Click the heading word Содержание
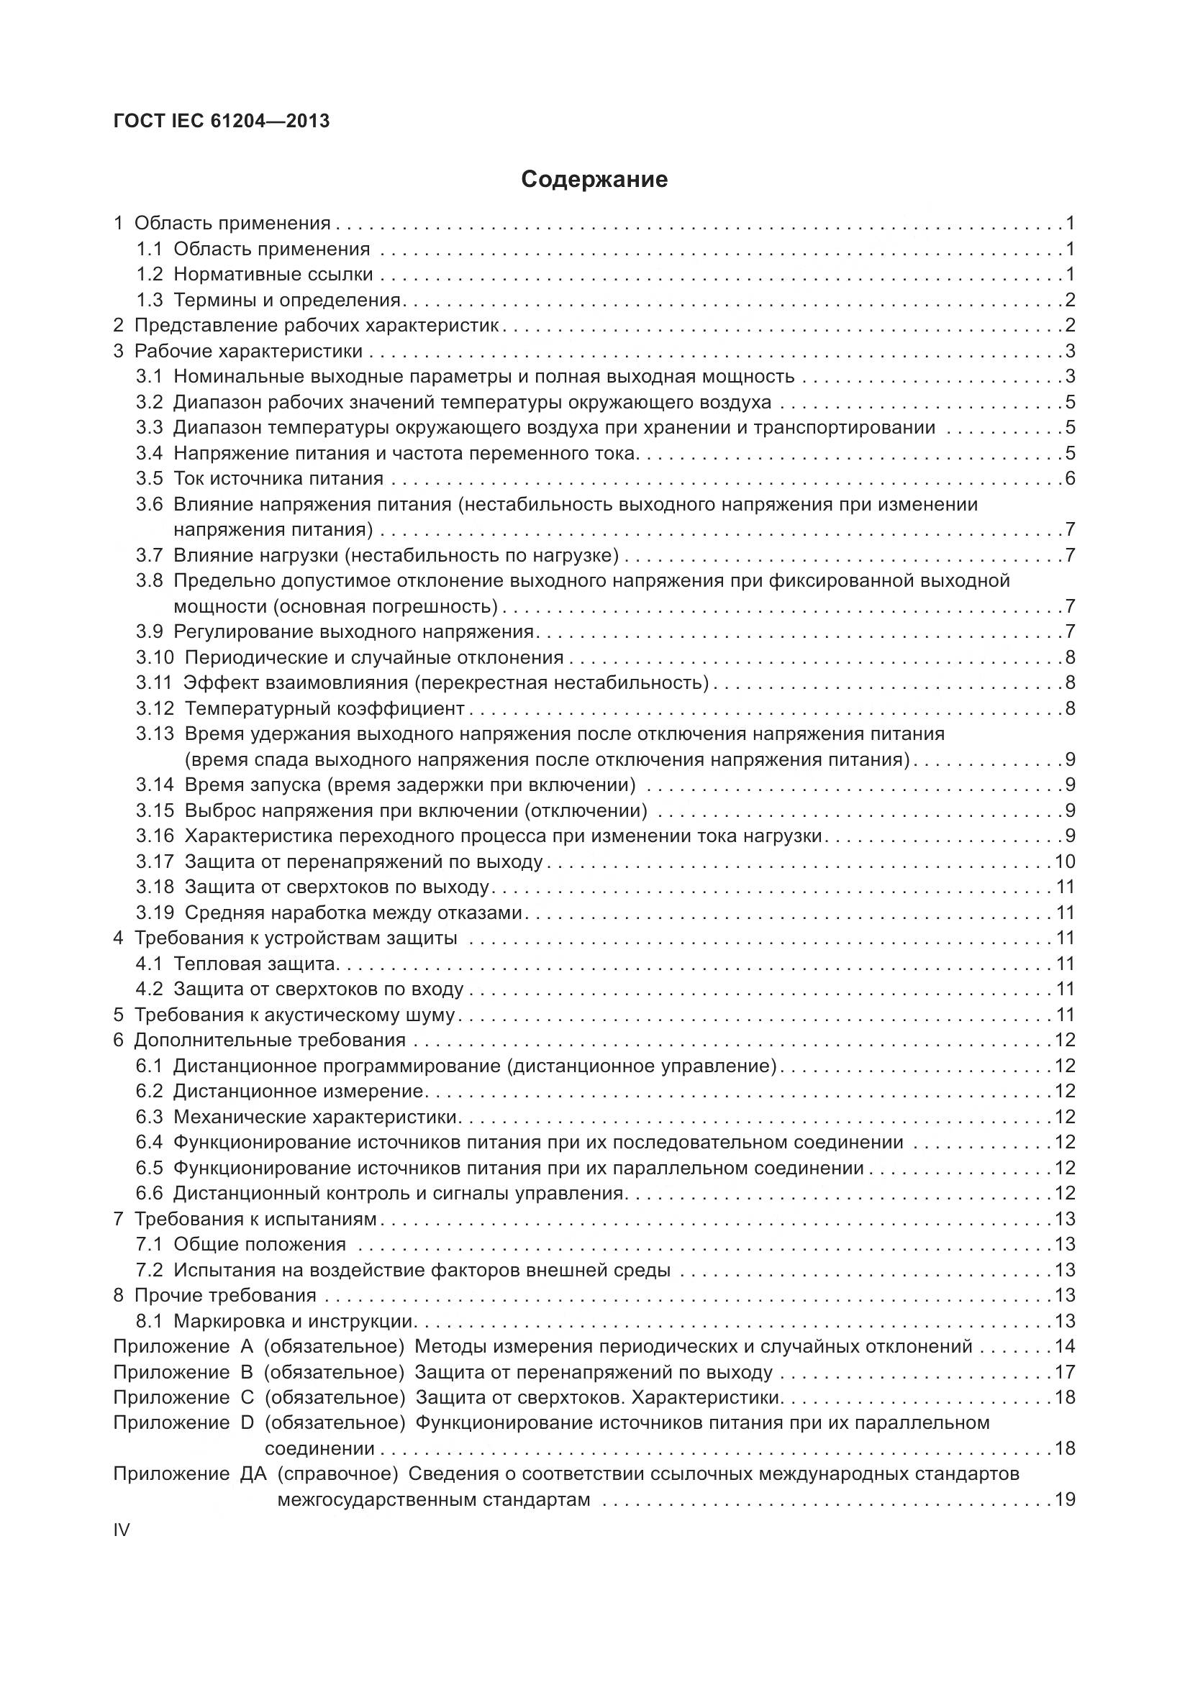coord(594,180)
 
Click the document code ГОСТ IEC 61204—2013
coord(222,121)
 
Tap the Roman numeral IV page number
coord(121,1530)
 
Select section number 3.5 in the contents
coord(149,479)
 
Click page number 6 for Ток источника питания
coord(1070,479)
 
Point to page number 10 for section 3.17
coord(1065,861)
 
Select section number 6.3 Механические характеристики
coord(149,1117)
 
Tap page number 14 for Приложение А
coord(1065,1346)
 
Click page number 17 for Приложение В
coord(1065,1372)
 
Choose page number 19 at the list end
coord(1065,1499)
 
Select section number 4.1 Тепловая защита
coord(149,964)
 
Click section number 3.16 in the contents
coord(155,836)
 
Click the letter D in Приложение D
coord(246,1423)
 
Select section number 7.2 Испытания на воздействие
coord(149,1270)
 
